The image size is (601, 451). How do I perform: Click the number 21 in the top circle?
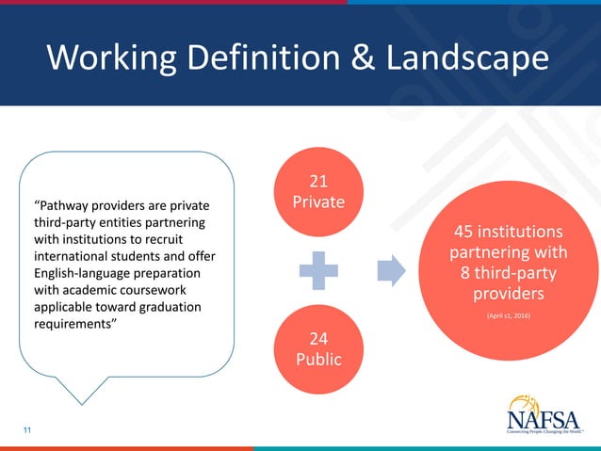[x=318, y=181]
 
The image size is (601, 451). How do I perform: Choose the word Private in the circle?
[x=318, y=201]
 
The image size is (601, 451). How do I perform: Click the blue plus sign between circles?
[x=318, y=270]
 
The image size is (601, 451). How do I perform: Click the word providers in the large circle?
[x=509, y=294]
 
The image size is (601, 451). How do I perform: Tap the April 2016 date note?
[x=509, y=314]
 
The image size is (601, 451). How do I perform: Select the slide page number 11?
[x=27, y=430]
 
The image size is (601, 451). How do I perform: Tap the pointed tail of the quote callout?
[x=83, y=402]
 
